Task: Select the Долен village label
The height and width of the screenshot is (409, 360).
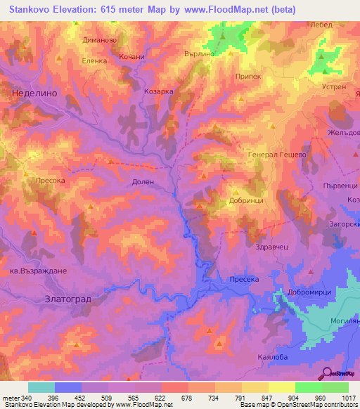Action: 142,181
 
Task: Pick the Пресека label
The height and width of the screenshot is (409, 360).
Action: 245,280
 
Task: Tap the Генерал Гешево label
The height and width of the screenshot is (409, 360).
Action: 277,155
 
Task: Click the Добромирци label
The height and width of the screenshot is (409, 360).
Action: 313,292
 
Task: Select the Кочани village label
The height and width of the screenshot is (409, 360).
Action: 131,57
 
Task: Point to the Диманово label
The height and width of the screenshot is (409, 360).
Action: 99,41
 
